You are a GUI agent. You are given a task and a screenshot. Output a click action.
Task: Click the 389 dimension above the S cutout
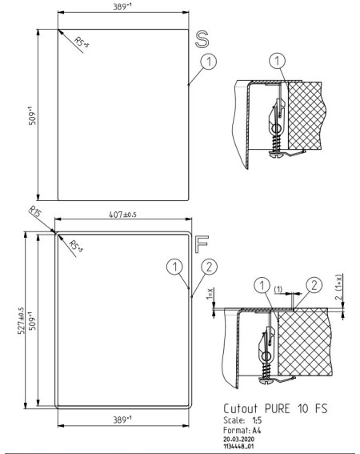[x=122, y=6]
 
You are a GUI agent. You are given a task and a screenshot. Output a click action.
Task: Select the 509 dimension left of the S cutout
[x=32, y=116]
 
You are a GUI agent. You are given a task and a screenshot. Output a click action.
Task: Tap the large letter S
[x=202, y=39]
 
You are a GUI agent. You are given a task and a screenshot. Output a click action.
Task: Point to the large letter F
[x=202, y=244]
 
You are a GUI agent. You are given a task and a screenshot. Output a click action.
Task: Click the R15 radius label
[x=35, y=211]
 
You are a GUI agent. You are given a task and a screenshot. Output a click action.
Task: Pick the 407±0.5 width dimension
[x=122, y=215]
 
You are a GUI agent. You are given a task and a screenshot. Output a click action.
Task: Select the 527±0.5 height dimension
[x=22, y=321]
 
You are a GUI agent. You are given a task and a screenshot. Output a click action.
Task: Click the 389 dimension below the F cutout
[x=122, y=420]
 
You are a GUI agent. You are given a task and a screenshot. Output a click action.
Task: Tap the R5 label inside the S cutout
[x=82, y=42]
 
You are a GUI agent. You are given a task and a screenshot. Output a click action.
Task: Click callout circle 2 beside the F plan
[x=209, y=267]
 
